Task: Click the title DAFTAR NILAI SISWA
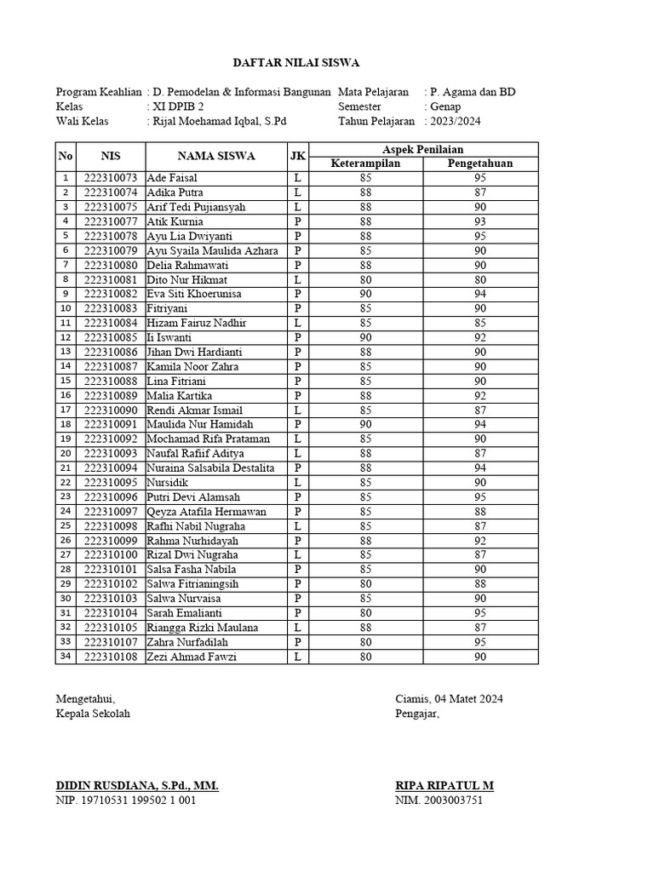(x=297, y=63)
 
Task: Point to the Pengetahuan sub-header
(x=480, y=163)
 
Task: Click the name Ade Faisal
(x=172, y=178)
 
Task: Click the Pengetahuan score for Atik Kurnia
(x=480, y=221)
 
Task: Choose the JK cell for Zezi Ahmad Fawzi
(x=297, y=657)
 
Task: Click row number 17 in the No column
(x=66, y=410)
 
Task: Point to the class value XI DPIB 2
(x=181, y=106)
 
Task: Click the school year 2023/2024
(x=456, y=121)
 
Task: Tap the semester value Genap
(x=445, y=106)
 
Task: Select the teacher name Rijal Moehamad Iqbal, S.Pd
(x=219, y=121)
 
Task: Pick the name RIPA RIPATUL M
(x=444, y=786)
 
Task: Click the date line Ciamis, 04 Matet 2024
(x=449, y=699)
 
